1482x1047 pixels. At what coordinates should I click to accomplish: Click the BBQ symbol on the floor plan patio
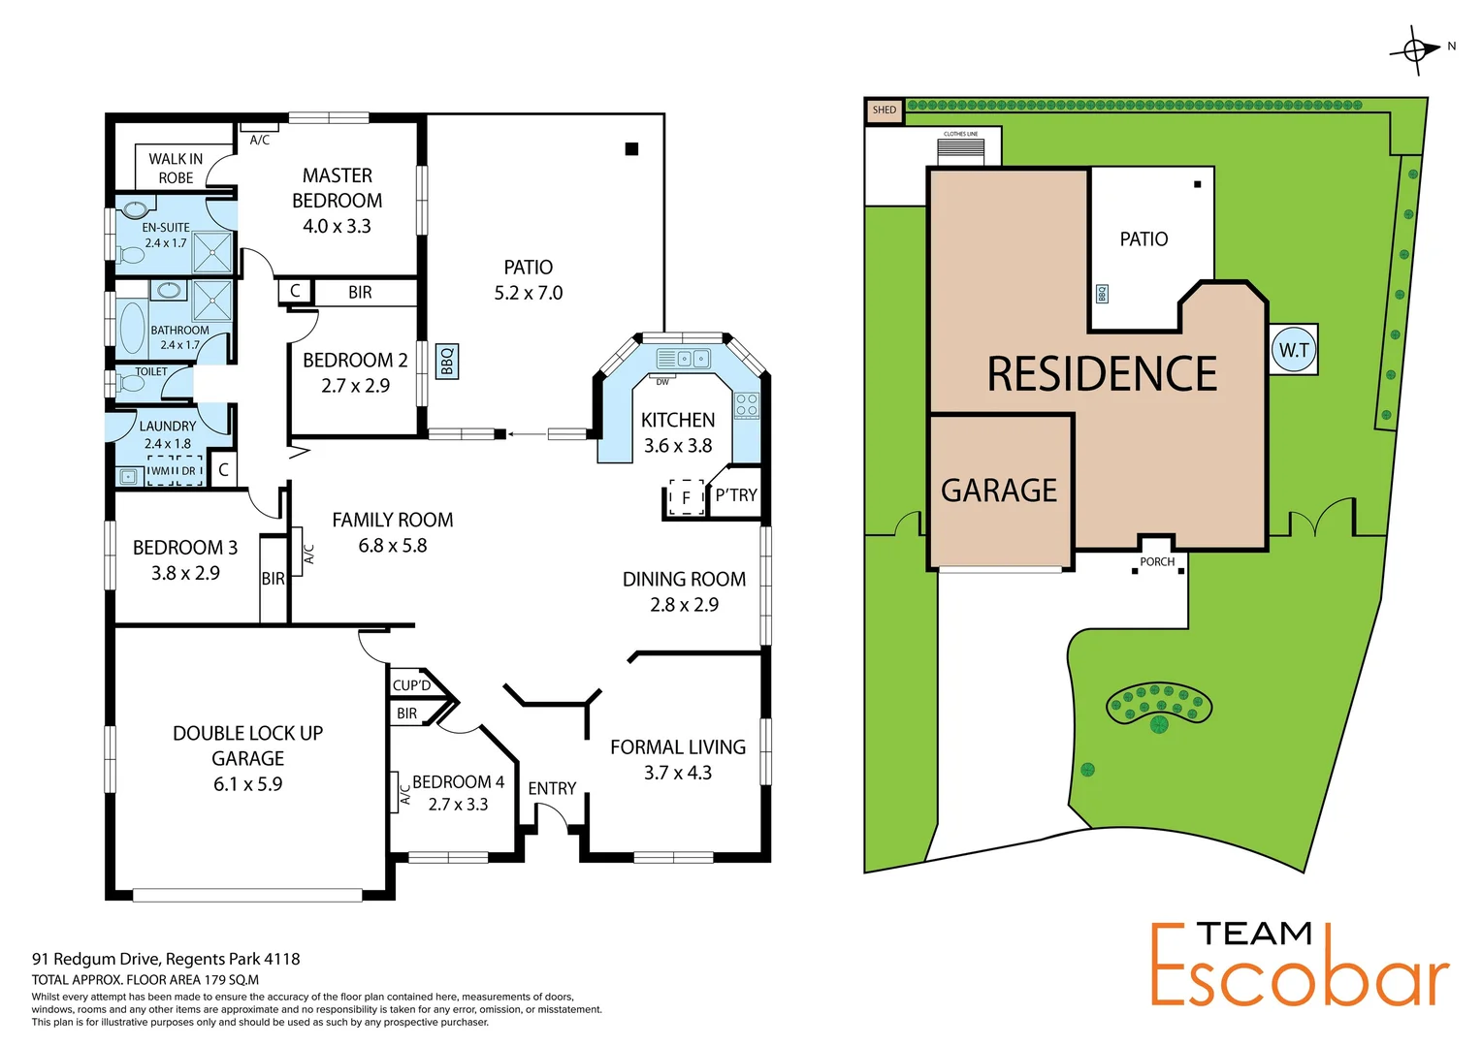447,361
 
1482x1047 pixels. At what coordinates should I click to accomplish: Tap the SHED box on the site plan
884,111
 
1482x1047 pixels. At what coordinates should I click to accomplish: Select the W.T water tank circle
1294,350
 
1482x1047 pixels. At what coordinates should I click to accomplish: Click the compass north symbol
1416,49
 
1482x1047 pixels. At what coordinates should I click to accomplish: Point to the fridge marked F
686,497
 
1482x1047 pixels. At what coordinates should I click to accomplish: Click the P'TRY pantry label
736,495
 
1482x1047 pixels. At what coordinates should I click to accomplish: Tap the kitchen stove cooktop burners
746,405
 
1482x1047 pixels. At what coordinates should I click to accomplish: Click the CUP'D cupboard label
411,685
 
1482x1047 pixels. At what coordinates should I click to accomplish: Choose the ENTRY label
552,789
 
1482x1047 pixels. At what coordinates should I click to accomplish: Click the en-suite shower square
212,252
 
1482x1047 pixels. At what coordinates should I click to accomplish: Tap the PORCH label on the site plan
1157,562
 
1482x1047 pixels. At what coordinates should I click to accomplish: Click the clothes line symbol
960,151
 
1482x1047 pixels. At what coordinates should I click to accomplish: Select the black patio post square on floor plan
631,148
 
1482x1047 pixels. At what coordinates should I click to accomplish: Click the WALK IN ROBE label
176,169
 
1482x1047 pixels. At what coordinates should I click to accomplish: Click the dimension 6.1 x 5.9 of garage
247,784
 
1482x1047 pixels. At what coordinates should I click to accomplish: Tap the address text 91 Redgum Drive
166,959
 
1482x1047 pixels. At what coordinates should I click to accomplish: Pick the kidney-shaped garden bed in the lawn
1159,705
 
